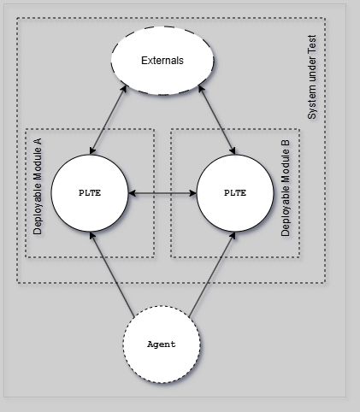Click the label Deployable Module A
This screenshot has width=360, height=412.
[38, 193]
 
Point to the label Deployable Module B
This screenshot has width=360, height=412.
[286, 193]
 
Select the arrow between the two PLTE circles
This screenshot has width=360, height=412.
[162, 193]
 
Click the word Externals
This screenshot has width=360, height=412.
[162, 62]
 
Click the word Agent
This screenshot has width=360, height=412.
[162, 344]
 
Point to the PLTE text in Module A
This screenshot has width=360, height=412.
[89, 193]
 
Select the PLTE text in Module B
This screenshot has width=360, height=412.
[234, 193]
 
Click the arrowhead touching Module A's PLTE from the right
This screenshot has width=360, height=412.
[131, 193]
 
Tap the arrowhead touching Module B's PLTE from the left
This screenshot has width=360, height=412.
[192, 193]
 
